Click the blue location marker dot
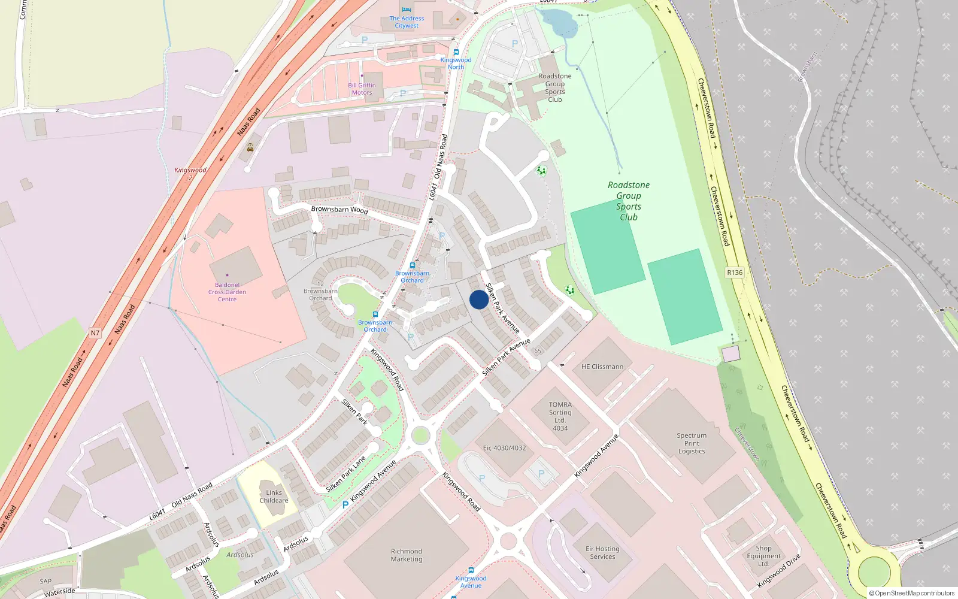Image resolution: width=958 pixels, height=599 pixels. (478, 299)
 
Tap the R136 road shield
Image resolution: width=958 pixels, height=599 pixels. (735, 273)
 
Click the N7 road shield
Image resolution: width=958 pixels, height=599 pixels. (95, 333)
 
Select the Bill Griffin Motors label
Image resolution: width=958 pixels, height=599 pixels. (362, 89)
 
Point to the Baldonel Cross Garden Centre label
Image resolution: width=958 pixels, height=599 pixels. (227, 292)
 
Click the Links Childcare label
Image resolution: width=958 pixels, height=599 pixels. (274, 497)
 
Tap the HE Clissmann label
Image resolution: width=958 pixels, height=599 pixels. (602, 367)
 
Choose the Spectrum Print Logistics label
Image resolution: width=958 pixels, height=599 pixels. (692, 443)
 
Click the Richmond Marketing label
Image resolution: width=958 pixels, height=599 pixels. (407, 555)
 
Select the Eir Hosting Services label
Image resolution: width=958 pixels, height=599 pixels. (602, 552)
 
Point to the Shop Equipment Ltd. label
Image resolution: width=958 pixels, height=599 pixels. (763, 556)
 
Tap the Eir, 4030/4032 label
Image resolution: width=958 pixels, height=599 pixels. (504, 448)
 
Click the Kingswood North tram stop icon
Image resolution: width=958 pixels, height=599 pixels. (456, 52)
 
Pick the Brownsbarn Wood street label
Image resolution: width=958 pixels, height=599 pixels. (339, 210)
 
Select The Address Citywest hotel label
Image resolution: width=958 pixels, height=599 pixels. (407, 22)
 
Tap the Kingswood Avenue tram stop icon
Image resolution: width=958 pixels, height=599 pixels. (471, 570)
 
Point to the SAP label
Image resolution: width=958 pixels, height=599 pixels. (46, 581)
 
